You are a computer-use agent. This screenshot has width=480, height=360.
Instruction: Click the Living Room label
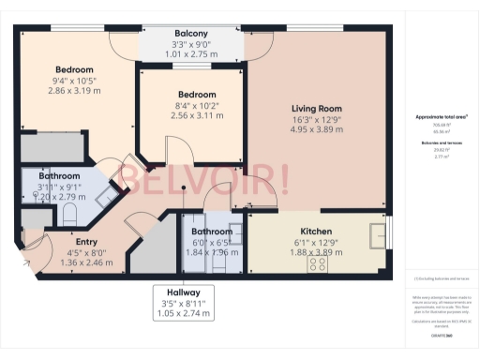tap(316, 109)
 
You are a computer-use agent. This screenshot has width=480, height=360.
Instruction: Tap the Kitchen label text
tap(316, 231)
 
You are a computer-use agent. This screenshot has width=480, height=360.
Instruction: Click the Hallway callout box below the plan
tap(191, 303)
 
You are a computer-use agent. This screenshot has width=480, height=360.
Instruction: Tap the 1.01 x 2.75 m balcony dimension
tap(191, 55)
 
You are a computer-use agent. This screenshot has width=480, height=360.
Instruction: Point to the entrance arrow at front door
tap(25, 263)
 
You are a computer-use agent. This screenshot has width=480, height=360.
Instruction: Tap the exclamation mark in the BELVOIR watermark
tap(283, 178)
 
